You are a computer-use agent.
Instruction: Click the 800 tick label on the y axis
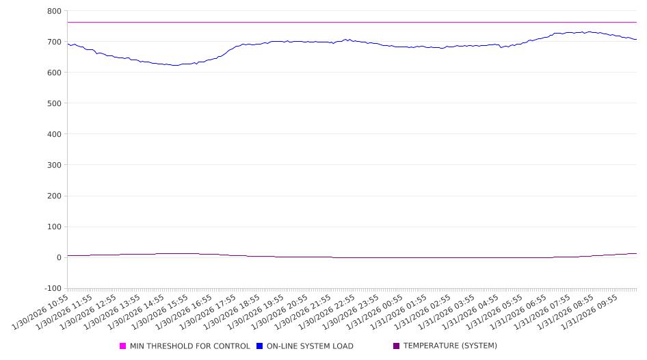tap(54, 11)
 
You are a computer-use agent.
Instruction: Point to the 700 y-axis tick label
tap(54, 42)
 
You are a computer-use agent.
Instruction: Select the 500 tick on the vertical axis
tap(54, 103)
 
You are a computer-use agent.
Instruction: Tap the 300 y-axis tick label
tap(54, 165)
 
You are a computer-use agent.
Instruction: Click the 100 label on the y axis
tap(54, 227)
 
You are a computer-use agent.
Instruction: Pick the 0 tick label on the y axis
tap(59, 257)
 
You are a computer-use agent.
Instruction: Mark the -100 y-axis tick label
tap(51, 288)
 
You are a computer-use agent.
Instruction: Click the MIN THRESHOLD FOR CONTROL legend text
tap(189, 346)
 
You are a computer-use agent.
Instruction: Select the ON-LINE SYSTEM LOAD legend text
tap(310, 346)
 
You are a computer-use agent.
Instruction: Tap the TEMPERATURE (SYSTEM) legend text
tap(449, 346)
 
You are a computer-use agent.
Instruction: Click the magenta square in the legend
tap(123, 346)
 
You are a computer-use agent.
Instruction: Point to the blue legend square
tap(260, 346)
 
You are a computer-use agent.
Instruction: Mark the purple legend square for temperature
tap(397, 346)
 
